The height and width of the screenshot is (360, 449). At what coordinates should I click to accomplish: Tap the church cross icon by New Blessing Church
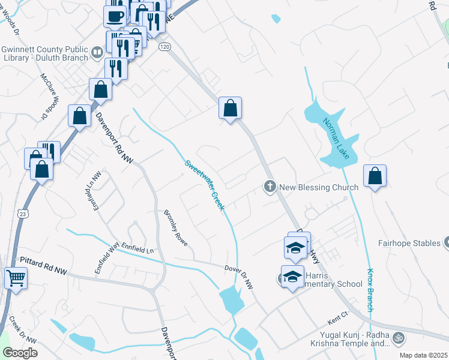270,187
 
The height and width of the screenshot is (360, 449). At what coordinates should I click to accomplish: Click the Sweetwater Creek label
205,184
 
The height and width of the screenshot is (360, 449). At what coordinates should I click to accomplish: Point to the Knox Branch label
370,289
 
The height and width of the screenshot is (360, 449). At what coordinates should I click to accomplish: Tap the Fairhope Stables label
409,244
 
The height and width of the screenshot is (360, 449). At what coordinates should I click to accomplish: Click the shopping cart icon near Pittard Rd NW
16,277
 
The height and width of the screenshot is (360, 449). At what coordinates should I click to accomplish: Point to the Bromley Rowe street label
176,228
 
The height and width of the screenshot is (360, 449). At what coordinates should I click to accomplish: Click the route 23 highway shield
23,212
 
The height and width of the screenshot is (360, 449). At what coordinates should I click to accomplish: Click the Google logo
19,353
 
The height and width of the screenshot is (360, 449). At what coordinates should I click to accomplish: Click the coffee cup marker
115,16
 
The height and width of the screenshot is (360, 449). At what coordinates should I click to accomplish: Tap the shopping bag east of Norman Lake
375,176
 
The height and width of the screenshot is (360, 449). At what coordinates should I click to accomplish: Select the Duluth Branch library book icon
96,53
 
